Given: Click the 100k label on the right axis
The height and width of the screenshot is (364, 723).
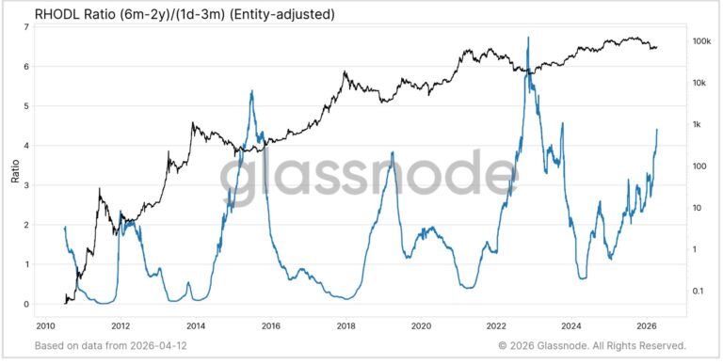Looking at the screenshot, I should coord(702,42).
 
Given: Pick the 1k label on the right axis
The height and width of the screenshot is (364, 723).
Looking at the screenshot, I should coord(698,125).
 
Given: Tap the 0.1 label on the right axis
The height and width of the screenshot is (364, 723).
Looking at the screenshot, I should coord(699,291).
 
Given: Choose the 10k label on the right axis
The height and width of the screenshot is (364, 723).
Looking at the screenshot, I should coord(699,84).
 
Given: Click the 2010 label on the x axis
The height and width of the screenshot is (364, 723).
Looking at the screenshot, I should coord(45,326).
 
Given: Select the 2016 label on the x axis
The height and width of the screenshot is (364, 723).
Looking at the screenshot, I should coord(271,326).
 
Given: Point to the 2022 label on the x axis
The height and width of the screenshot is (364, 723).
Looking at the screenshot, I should coord(496,326).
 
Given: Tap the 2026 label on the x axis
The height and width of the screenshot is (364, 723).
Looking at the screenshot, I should coord(647,326).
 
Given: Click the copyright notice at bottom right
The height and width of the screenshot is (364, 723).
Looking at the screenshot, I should coord(592,346).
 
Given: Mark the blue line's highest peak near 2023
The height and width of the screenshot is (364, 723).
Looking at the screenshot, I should coord(529,38).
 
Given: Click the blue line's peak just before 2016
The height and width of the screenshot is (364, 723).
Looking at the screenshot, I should coord(252,91).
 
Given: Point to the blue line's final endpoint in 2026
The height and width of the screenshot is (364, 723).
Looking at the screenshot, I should coord(657,130).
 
